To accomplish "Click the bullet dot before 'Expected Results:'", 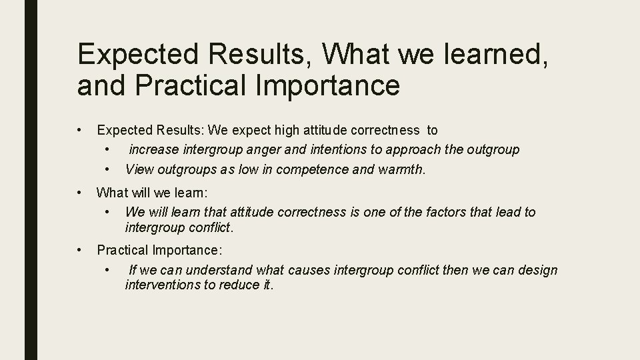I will coord(79,130).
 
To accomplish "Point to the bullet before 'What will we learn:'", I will coord(79,193).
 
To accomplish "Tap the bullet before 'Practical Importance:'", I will coord(79,250).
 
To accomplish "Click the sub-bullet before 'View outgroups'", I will coord(108,169).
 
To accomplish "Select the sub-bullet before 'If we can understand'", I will coord(108,269).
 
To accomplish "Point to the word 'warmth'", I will coord(400,169).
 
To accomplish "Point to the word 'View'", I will coord(139,169).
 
